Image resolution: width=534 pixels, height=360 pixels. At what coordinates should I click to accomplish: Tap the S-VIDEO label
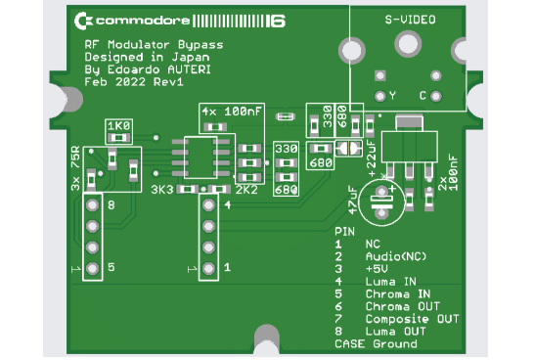coord(410,19)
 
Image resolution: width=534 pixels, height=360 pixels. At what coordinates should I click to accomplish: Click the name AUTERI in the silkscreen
coord(191,69)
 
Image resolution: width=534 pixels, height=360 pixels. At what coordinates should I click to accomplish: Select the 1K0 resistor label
coord(118,126)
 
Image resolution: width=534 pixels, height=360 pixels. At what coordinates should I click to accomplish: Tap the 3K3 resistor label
coord(162,188)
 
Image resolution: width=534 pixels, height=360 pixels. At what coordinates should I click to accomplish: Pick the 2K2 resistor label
coord(246,188)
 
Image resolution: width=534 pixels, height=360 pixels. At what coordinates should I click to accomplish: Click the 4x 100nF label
coord(231,112)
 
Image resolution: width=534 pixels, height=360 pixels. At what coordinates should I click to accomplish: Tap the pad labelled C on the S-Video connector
coord(436,95)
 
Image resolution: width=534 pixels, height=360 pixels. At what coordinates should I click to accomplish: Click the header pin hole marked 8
coord(93,206)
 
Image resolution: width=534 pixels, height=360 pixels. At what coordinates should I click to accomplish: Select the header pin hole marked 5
coord(93,267)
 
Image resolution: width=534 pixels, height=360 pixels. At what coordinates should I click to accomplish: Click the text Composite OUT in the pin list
coord(412,319)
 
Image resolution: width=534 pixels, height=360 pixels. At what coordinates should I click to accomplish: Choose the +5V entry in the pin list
coord(378,268)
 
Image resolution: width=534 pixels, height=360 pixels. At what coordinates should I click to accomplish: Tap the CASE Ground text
coord(376,343)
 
